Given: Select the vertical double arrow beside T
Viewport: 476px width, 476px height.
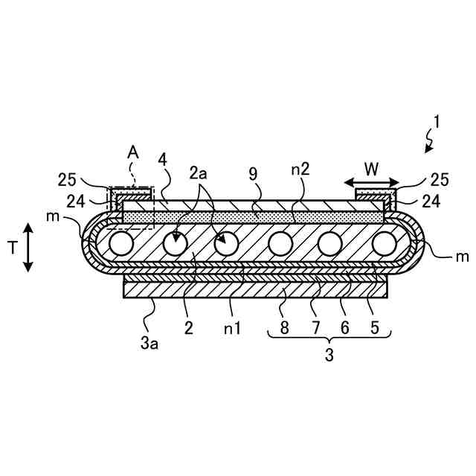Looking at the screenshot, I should [x=28, y=248].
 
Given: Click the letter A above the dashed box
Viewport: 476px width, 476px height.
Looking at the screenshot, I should [x=133, y=152].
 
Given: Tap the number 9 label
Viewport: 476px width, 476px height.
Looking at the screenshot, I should [x=254, y=174].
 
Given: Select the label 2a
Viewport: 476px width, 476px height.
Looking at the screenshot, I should [x=199, y=174].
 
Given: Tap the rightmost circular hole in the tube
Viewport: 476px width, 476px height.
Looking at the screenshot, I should [x=384, y=243].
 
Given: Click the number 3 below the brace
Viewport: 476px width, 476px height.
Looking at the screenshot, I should [x=329, y=355].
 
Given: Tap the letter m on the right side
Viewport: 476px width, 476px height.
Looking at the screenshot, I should [x=461, y=257].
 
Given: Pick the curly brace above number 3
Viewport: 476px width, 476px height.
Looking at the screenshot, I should [x=329, y=339].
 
